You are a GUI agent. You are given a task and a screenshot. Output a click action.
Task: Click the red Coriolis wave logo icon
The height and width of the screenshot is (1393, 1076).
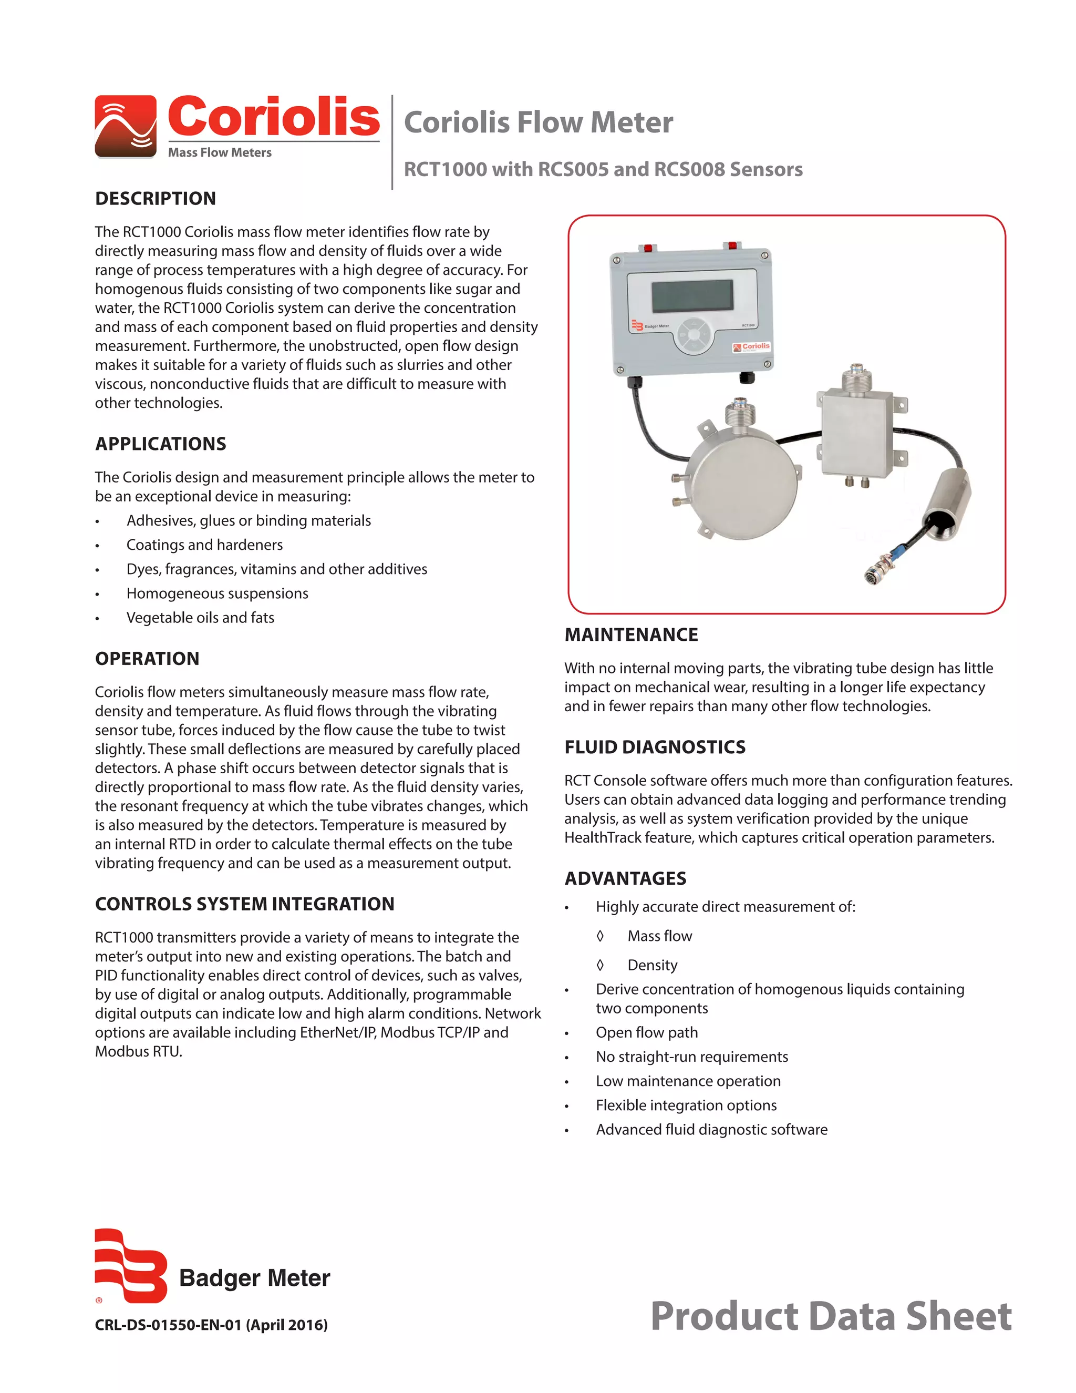click(x=126, y=126)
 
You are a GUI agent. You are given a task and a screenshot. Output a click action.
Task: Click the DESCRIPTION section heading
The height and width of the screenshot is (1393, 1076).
click(x=155, y=198)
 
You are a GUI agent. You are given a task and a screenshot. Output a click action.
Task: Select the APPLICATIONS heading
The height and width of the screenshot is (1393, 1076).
click(x=160, y=444)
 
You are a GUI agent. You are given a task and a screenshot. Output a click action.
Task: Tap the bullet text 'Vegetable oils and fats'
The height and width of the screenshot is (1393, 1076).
click(x=200, y=618)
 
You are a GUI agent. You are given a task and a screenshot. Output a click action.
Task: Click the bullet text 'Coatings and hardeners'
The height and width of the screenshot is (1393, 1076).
click(x=204, y=545)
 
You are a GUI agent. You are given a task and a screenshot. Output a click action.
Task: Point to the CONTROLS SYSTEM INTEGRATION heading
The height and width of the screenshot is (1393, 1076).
click(x=244, y=904)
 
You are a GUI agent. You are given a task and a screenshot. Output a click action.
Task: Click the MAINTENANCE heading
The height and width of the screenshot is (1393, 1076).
click(x=631, y=634)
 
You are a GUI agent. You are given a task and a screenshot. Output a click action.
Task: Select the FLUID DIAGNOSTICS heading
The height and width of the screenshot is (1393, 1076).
click(x=655, y=747)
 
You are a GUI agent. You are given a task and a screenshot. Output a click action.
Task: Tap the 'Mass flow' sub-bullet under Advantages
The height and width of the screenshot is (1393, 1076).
click(x=659, y=936)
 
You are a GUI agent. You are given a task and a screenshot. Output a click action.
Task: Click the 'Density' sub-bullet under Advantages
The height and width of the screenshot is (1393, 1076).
click(x=652, y=965)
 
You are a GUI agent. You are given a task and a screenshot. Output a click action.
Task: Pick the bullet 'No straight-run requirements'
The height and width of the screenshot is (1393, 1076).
click(x=691, y=1057)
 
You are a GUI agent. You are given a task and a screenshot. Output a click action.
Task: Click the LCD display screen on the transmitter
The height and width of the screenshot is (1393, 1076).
click(x=691, y=296)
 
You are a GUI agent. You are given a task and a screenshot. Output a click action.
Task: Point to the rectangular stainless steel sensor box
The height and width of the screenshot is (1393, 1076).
click(x=856, y=434)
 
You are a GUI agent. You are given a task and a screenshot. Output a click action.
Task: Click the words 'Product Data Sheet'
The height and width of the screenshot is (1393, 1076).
click(x=830, y=1316)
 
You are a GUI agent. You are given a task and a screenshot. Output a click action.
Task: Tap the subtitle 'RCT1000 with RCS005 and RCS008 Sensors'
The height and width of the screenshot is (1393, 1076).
click(x=603, y=169)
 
